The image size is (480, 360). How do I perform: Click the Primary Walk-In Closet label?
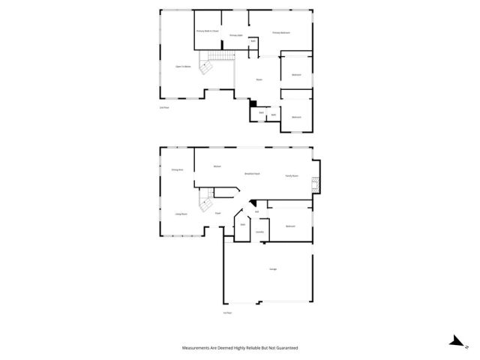point(207,31)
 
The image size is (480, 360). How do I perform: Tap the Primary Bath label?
point(235,35)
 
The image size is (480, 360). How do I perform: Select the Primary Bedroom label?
point(281,33)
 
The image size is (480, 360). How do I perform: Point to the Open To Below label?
point(183,67)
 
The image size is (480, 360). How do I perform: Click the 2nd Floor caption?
point(163,108)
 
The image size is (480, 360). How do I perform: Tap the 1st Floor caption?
point(226,312)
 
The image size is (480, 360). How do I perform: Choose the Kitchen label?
point(217,166)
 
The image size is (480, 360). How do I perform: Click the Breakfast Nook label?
point(252,173)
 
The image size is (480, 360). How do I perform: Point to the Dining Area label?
point(178,170)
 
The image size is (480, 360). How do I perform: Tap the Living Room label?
point(181,214)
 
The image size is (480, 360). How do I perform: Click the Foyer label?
point(217,214)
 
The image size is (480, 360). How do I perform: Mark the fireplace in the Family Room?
point(315,184)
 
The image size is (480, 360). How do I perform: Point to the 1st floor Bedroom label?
point(290,226)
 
